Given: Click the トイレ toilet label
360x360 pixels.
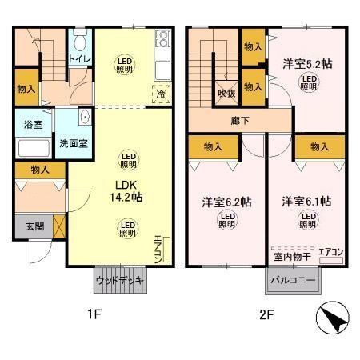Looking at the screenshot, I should coord(79,59).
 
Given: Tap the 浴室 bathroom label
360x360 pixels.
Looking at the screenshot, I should coord(33,125).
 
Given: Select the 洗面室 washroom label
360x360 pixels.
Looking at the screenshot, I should coord(74,144).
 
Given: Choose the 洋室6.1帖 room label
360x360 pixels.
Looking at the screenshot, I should coord(306,202).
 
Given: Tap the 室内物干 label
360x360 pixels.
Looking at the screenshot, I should coord(291,257).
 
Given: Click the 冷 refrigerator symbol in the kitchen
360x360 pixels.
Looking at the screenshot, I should coord(161,93).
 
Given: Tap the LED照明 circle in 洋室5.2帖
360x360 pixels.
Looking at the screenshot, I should coord(310,82).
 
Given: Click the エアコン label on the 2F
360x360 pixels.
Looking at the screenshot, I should coord(330,253).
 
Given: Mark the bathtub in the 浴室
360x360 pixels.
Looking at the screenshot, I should coord(33,148).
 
